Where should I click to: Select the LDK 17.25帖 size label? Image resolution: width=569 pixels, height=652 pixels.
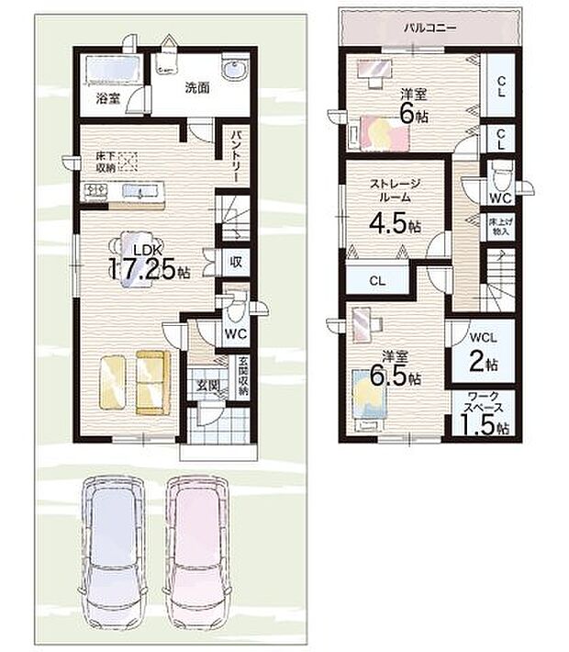pos(150,263)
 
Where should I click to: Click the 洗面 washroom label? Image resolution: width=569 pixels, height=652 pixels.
pos(197,89)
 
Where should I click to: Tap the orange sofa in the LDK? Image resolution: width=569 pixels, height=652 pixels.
pos(152,382)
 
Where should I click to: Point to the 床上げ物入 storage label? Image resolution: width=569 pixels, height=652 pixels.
pos(499,227)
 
